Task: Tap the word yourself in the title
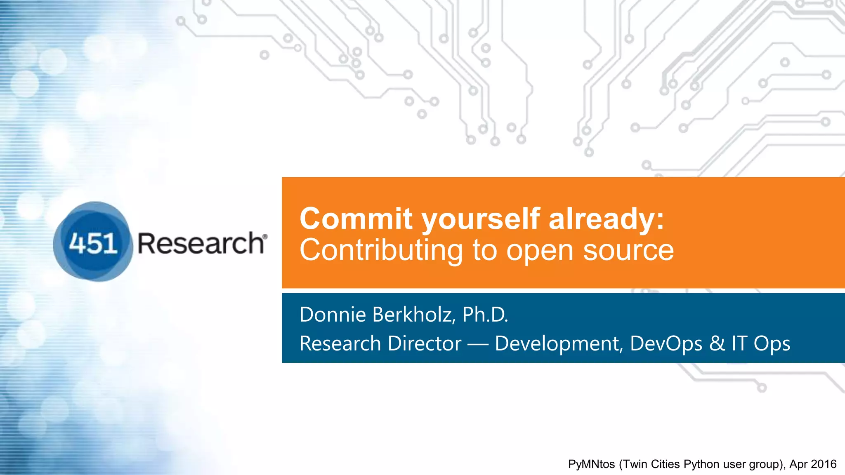pyautogui.click(x=481, y=219)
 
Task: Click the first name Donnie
pyautogui.click(x=333, y=315)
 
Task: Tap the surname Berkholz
pyautogui.click(x=414, y=315)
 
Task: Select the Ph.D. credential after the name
pyautogui.click(x=485, y=315)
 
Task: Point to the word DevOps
pyautogui.click(x=666, y=343)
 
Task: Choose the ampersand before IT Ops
pyautogui.click(x=717, y=343)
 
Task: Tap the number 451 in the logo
pyautogui.click(x=93, y=243)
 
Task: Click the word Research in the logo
pyautogui.click(x=201, y=243)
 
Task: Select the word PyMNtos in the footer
pyautogui.click(x=591, y=464)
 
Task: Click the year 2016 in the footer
pyautogui.click(x=823, y=464)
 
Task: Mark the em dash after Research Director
pyautogui.click(x=478, y=344)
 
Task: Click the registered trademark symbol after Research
pyautogui.click(x=264, y=236)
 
